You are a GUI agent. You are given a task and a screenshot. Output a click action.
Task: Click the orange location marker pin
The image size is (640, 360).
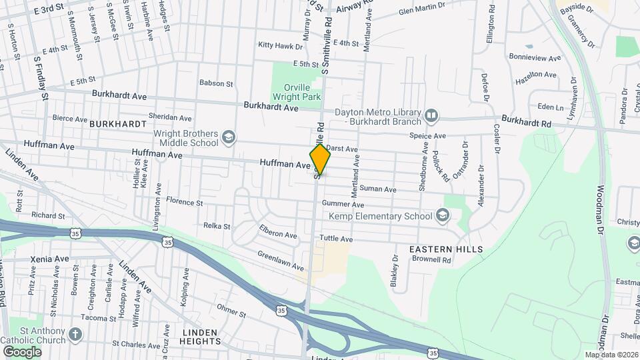coord(320,159)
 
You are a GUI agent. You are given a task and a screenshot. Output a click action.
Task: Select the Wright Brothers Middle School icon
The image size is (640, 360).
coord(229,137)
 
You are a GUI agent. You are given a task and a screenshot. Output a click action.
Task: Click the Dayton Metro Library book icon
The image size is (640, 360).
coord(431,117)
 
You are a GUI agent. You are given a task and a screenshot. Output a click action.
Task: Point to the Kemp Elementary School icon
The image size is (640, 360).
coord(441,215)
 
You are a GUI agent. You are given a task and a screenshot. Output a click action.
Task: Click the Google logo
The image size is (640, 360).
coord(22,351)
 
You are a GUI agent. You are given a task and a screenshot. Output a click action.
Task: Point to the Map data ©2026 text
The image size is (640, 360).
coord(610,354)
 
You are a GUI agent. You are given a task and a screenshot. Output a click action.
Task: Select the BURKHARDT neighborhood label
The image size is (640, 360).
coord(117,124)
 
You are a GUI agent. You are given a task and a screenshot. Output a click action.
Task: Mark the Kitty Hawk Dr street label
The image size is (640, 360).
coord(281,45)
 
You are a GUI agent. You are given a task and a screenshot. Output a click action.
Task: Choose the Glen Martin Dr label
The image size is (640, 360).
coord(421,9)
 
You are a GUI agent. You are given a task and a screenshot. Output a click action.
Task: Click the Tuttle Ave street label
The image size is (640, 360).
coord(336,239)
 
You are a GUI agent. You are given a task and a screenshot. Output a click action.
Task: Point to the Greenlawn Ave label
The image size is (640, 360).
coord(281,260)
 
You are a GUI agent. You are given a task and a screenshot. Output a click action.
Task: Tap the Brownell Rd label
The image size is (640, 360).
coord(433,260)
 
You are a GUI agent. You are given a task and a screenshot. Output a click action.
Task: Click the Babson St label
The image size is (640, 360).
coord(216,83)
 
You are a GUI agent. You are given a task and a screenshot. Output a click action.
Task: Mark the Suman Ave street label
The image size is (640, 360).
coord(378,189)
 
